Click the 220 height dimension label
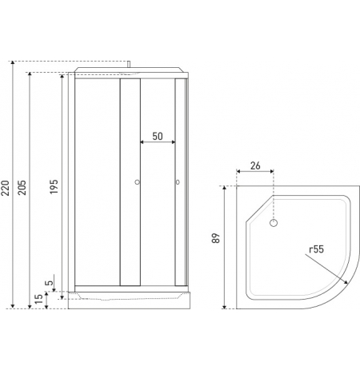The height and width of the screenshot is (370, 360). (6, 188)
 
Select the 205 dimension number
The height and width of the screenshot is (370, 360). (22, 188)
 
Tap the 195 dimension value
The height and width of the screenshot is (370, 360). (54, 186)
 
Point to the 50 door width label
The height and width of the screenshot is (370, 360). (158, 137)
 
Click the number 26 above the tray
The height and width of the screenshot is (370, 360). (255, 165)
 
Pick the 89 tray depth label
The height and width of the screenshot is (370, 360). (216, 238)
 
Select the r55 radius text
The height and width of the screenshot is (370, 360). (316, 249)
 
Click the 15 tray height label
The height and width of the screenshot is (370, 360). (39, 299)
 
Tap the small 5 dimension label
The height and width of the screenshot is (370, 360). (50, 282)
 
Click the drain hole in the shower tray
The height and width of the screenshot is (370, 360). (274, 223)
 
